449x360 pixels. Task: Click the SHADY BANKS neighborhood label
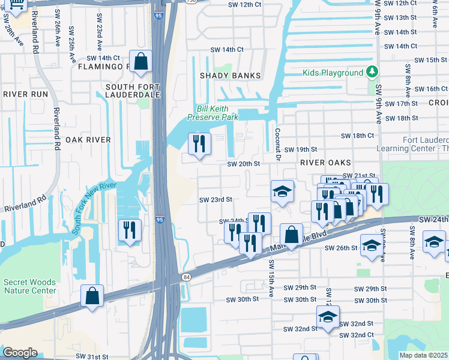click(231, 76)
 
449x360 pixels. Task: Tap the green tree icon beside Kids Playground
click(372, 72)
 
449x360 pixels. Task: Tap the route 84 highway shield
click(185, 277)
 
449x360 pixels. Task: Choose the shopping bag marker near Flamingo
click(140, 62)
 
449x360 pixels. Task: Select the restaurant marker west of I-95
click(130, 230)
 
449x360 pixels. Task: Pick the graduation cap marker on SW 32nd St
click(328, 317)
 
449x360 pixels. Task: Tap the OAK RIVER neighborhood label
click(88, 140)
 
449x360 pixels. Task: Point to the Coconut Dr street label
click(278, 145)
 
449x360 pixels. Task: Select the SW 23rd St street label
click(215, 199)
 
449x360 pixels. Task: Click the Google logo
click(20, 353)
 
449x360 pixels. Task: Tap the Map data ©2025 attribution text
click(423, 355)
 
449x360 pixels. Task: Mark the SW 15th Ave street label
click(271, 277)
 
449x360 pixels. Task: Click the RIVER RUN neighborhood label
click(25, 94)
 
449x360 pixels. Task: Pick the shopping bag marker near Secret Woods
click(92, 296)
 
